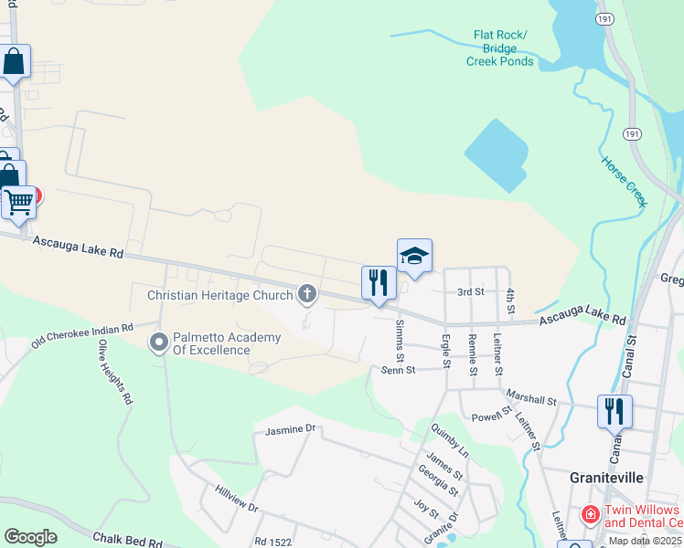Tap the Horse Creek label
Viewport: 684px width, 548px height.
click(625, 181)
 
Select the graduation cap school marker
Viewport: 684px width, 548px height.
click(414, 257)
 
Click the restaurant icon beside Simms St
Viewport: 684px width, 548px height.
click(379, 283)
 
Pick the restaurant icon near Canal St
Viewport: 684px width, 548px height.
click(615, 411)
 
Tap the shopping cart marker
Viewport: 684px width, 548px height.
click(18, 203)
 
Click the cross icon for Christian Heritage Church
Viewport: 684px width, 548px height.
click(307, 294)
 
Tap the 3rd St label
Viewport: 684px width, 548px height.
click(470, 291)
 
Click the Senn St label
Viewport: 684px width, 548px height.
click(398, 370)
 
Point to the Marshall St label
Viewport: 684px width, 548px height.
click(529, 400)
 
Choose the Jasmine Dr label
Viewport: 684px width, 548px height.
click(290, 428)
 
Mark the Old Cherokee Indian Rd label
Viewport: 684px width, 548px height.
click(82, 334)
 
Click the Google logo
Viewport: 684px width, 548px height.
click(31, 537)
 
